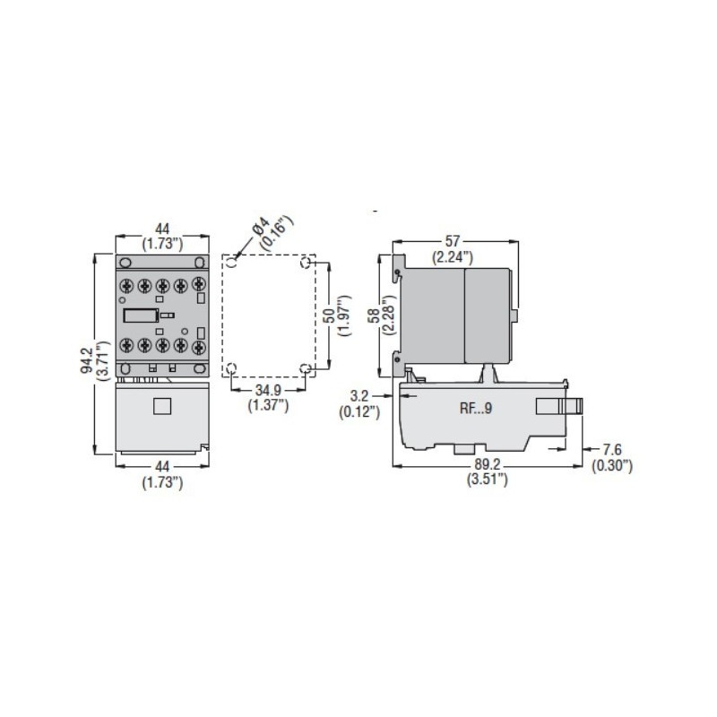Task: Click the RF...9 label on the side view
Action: (476, 409)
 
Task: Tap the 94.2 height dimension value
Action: (87, 360)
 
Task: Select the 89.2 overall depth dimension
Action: (488, 464)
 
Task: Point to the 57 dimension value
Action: (453, 241)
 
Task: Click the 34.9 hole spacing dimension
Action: (268, 390)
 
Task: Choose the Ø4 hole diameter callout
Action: (261, 226)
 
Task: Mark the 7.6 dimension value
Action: (611, 450)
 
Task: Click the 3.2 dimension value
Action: (359, 396)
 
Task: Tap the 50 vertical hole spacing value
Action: (329, 315)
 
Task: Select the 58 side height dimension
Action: (374, 316)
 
